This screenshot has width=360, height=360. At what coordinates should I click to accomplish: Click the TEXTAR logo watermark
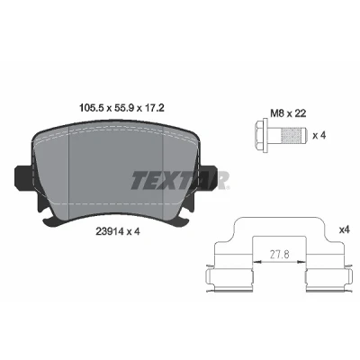pyautogui.click(x=180, y=180)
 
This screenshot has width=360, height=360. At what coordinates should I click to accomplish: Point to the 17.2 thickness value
pyautogui.click(x=154, y=107)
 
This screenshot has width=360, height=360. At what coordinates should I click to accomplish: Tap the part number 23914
pyautogui.click(x=109, y=231)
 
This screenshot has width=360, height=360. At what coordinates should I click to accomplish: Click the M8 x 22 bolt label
pyautogui.click(x=288, y=113)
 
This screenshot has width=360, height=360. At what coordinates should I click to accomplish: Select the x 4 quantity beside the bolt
pyautogui.click(x=319, y=136)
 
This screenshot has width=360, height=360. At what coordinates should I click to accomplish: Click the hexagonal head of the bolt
pyautogui.click(x=261, y=136)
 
